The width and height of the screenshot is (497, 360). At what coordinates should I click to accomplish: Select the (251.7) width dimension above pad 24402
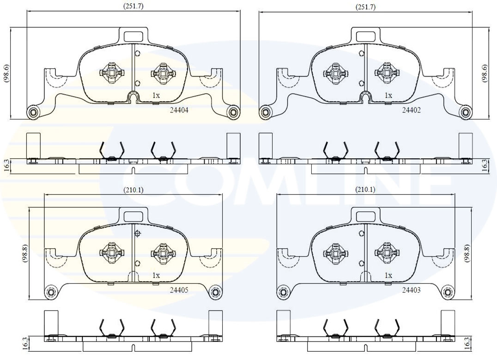tap(365, 6)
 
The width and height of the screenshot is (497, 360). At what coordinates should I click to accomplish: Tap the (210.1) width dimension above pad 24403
tap(365, 190)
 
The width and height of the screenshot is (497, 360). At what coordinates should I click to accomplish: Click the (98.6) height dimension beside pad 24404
tap(6, 73)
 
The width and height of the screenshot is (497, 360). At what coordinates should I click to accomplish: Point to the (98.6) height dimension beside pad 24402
tap(485, 73)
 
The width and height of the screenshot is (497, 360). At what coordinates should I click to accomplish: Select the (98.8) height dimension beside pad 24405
tap(25, 253)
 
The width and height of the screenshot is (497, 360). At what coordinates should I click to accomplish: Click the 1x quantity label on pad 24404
tap(156, 95)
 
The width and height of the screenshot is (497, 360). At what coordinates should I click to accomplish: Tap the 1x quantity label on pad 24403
tap(388, 275)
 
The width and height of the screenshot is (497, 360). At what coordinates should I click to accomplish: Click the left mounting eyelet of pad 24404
tap(33, 112)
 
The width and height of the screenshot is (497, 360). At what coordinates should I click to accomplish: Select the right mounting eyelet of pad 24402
tap(466, 112)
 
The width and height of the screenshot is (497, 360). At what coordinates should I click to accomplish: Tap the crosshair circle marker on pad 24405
tap(137, 234)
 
